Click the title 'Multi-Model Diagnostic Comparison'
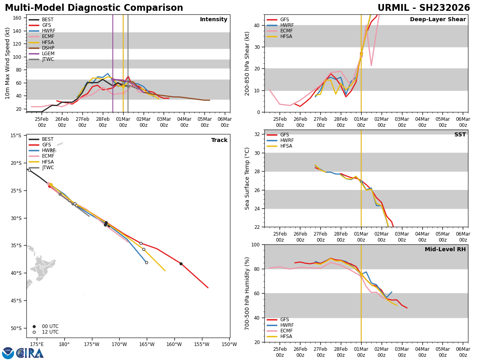tap(94, 8)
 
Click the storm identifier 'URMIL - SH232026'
tap(424, 8)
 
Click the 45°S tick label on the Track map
tap(15, 300)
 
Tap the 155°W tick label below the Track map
tap(202, 344)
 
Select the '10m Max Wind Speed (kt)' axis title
tap(8, 63)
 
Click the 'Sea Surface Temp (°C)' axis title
tap(247, 178)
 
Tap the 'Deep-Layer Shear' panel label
tap(438, 20)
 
